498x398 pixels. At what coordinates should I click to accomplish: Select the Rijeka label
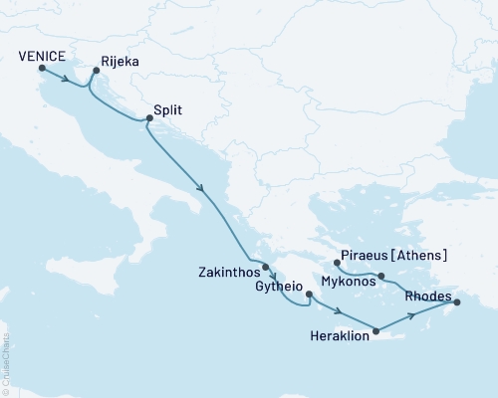pyautogui.click(x=119, y=61)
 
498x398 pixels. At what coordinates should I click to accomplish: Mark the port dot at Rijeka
pyautogui.click(x=97, y=70)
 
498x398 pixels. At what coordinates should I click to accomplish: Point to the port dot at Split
pyautogui.click(x=149, y=119)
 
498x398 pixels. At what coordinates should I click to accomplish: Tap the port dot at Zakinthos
pyautogui.click(x=266, y=267)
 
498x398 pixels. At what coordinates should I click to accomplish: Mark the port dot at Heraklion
pyautogui.click(x=375, y=331)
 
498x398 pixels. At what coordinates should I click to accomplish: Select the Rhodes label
pyautogui.click(x=429, y=296)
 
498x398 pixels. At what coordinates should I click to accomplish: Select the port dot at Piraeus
pyautogui.click(x=338, y=264)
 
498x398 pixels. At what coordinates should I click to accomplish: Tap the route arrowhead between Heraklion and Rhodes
pyautogui.click(x=410, y=317)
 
